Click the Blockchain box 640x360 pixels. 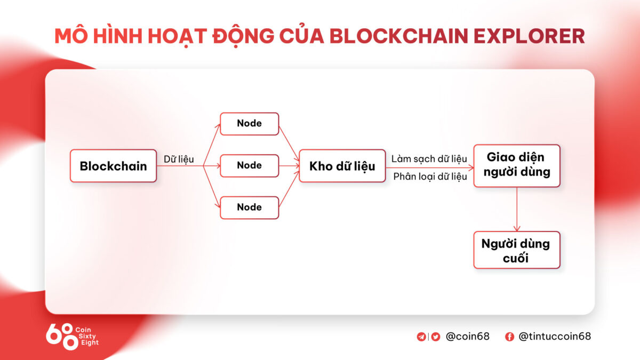point(113,166)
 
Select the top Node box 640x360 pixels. point(250,123)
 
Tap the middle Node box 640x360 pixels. point(250,165)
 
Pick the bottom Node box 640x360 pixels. point(250,207)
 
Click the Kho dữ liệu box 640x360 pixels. point(342,166)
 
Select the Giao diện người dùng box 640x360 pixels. point(516,165)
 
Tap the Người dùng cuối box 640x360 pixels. point(516,250)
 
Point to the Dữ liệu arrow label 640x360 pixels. point(179,159)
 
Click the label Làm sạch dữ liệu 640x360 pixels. point(429,159)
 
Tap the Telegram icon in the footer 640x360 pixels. point(421,337)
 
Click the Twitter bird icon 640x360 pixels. point(436,337)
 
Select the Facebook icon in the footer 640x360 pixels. point(509,337)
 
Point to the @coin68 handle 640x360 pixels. point(467,337)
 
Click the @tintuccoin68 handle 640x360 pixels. point(555,337)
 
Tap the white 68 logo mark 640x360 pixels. point(61,337)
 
